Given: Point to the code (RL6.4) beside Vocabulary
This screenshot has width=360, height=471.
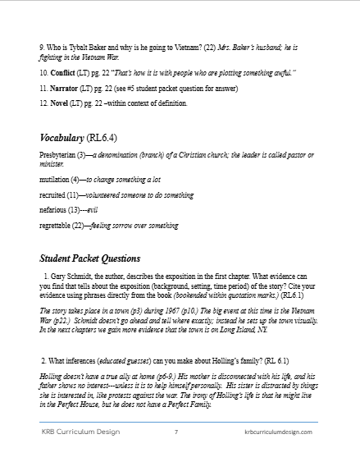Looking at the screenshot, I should pyautogui.click(x=122, y=137).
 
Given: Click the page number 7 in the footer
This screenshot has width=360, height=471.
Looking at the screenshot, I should pyautogui.click(x=176, y=454).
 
